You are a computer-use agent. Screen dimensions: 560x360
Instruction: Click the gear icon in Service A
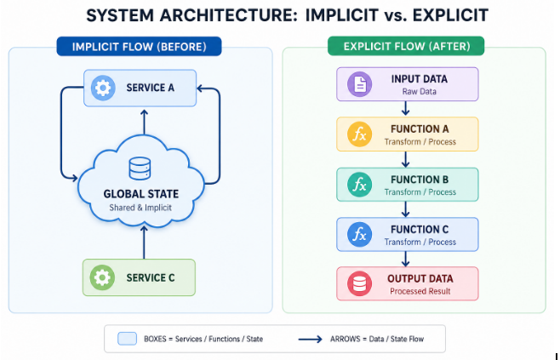(103, 88)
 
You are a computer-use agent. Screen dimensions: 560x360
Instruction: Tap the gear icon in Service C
(102, 277)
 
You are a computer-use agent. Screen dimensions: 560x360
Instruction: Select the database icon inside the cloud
(140, 169)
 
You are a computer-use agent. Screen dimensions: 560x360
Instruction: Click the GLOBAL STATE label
(141, 194)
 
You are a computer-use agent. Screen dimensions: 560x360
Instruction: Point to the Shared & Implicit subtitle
(140, 208)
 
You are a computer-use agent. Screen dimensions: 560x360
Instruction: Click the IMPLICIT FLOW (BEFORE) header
(139, 47)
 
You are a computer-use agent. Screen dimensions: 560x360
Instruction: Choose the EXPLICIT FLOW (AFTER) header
(406, 47)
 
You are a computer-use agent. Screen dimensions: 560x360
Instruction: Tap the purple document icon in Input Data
(360, 84)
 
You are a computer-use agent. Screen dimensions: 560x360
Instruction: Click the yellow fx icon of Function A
(360, 134)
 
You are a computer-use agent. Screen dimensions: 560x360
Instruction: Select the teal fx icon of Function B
(360, 185)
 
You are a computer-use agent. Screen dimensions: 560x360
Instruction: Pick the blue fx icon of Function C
(360, 235)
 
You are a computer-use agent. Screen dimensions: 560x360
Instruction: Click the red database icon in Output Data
(360, 284)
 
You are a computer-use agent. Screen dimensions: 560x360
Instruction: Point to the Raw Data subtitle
(420, 92)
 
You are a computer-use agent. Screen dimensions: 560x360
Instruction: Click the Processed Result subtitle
(420, 291)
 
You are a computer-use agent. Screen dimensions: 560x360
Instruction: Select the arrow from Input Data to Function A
(405, 109)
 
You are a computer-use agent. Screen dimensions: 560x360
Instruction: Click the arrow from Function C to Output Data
(405, 259)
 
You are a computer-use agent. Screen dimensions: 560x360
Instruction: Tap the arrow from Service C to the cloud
(144, 243)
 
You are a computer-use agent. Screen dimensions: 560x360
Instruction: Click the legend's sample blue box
(127, 339)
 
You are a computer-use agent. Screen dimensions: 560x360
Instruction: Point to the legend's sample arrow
(310, 339)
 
